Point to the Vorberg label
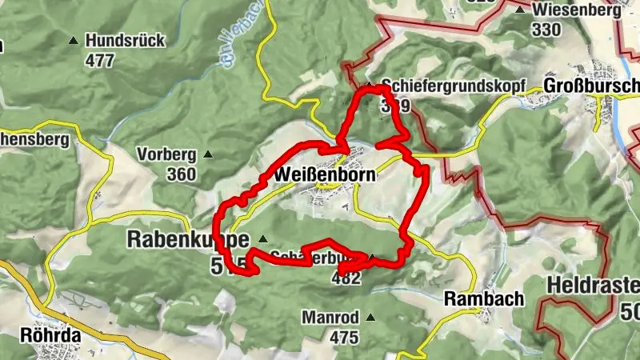[x=166, y=154]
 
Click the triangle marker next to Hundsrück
[x=74, y=40]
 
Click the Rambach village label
[x=485, y=298]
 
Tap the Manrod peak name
[x=330, y=318]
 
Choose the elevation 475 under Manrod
[x=343, y=337]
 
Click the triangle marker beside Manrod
[x=370, y=318]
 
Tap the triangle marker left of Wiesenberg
[x=520, y=11]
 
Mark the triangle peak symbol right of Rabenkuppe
[x=263, y=238]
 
